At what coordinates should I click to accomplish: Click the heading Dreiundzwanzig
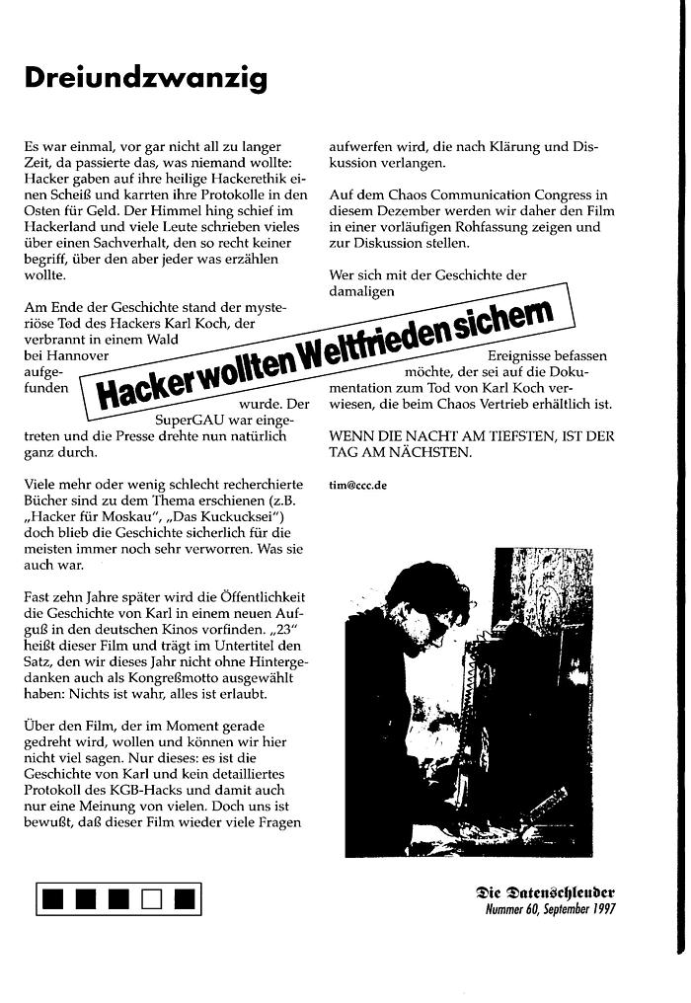[x=145, y=79]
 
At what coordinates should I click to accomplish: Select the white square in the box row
[x=150, y=898]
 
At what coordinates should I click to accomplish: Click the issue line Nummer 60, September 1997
[x=550, y=909]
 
